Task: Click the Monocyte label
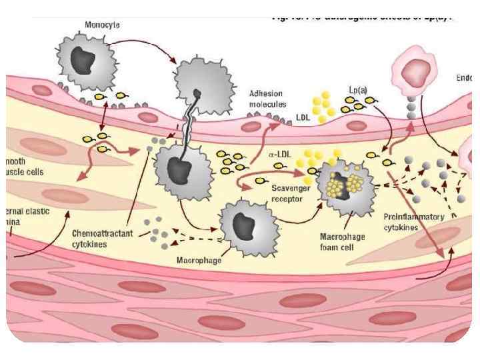[x=103, y=25]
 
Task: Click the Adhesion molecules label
[x=267, y=99]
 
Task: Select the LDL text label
[x=303, y=119]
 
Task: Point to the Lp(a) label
[x=358, y=89]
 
